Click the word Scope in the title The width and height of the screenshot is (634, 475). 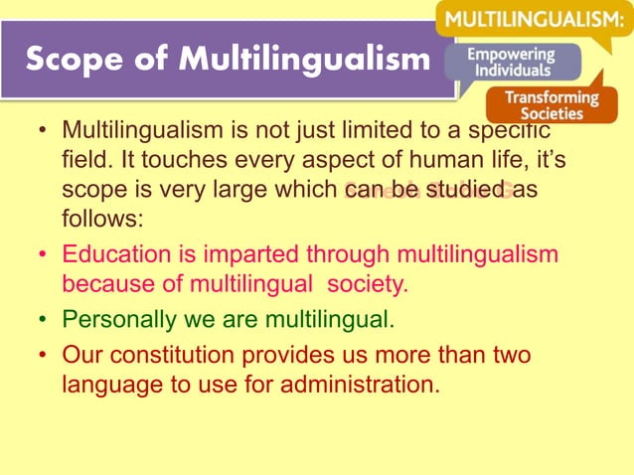(71, 61)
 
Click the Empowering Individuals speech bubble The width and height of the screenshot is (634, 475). (512, 63)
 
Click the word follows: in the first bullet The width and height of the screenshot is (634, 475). (102, 218)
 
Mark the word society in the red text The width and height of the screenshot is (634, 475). (369, 284)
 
